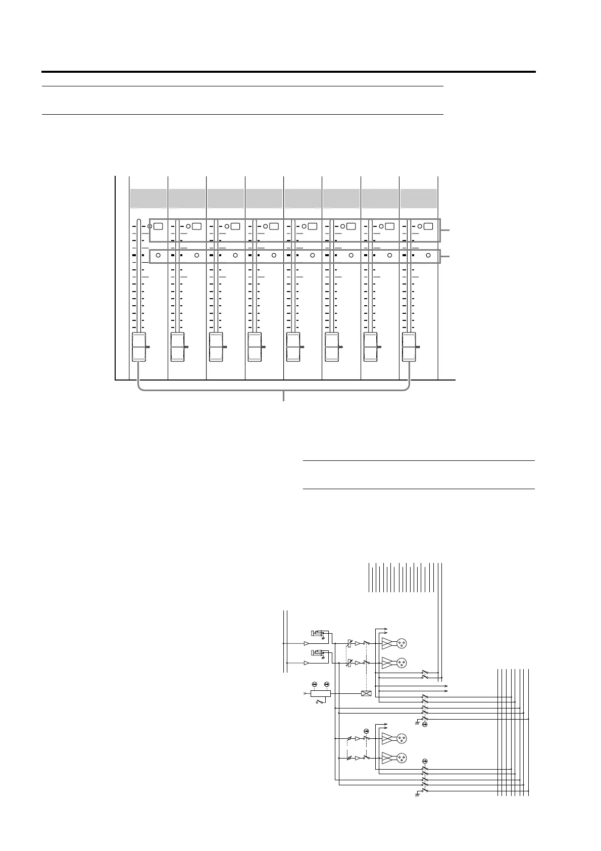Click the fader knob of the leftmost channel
138,347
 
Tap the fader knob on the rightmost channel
409,347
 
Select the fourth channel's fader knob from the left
255,347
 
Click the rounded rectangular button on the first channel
159,226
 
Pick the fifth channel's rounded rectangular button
313,226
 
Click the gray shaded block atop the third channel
226,198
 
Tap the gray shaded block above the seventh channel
380,198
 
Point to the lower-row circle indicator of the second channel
196,256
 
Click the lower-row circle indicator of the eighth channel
428,256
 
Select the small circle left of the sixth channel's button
342,226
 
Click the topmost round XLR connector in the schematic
402,643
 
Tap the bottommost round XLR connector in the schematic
402,758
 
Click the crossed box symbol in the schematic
367,693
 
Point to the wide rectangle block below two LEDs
321,693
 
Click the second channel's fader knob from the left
177,347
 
